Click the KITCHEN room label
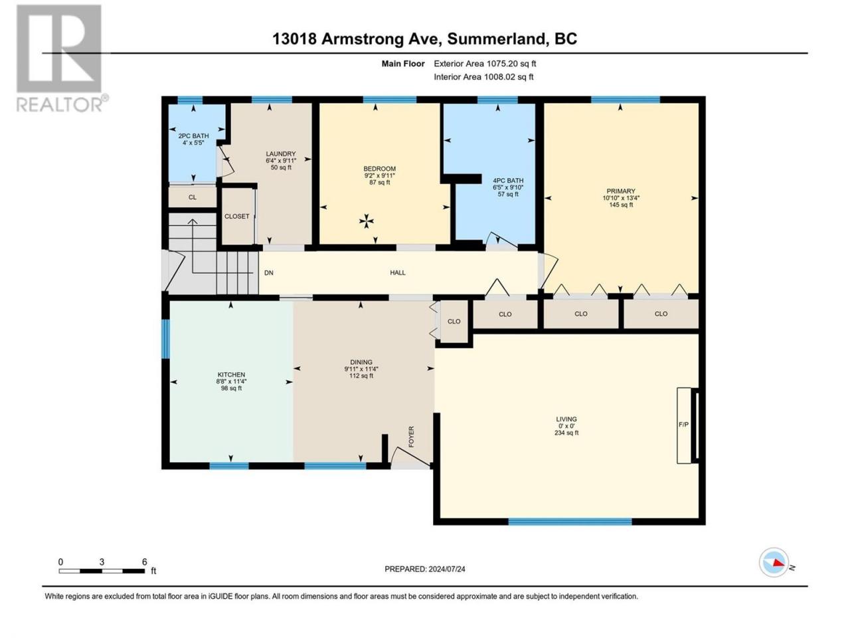coord(231,375)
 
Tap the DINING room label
coord(361,362)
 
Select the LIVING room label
coord(566,419)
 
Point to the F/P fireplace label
coord(683,425)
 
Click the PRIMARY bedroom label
coord(621,191)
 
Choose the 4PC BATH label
coord(508,181)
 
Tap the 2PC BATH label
coord(193,136)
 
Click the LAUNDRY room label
coord(281,154)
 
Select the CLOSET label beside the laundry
coord(236,216)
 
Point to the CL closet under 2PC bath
coord(193,197)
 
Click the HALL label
coord(398,272)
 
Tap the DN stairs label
coord(269,272)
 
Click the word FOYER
coord(411,437)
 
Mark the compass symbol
coord(774,562)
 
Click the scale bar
coord(102,571)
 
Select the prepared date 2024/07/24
coord(446,569)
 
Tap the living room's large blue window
coord(570,522)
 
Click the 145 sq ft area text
coord(621,205)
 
